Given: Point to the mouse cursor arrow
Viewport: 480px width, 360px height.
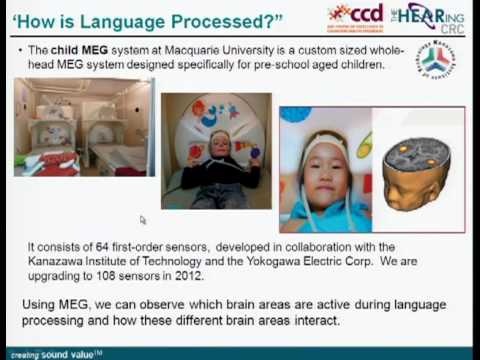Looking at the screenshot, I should pos(143,219).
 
